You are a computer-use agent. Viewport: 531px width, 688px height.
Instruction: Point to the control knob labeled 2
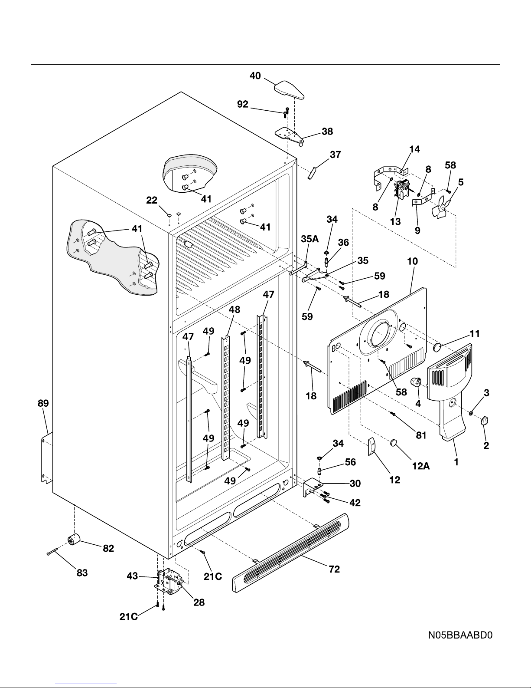pyautogui.click(x=485, y=421)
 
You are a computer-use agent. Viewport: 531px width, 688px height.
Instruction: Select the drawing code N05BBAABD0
pyautogui.click(x=460, y=636)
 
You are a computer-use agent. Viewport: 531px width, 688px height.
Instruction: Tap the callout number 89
pyautogui.click(x=43, y=403)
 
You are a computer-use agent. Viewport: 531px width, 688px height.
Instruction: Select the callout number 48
pyautogui.click(x=234, y=310)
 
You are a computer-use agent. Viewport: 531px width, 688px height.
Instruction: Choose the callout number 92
pyautogui.click(x=243, y=104)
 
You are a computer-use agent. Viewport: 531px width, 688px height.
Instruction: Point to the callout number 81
pyautogui.click(x=421, y=435)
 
